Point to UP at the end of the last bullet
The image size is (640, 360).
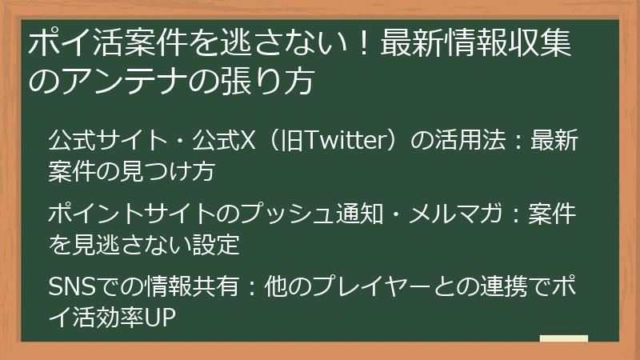click(158, 317)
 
